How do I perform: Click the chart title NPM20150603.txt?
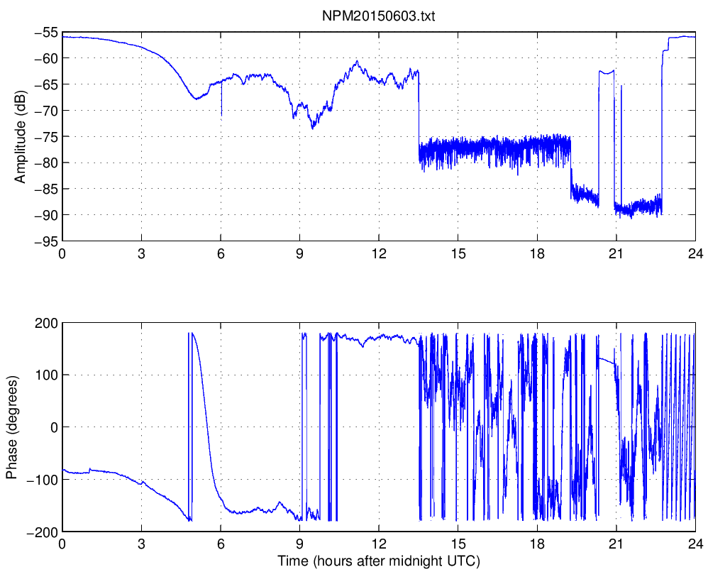pos(378,16)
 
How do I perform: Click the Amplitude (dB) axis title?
pos(21,136)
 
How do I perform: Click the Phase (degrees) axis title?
pos(11,427)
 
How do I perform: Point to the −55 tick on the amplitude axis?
pos(45,32)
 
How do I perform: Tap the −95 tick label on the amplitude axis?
pos(45,241)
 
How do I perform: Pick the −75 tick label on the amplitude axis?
pos(45,136)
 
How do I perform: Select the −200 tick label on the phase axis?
pos(42,532)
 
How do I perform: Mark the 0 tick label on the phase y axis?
pos(54,427)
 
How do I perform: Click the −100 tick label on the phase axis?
pos(42,479)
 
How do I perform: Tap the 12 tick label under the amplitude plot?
pos(379,254)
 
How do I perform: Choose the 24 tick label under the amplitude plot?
pos(695,254)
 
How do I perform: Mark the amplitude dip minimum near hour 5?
pos(196,98)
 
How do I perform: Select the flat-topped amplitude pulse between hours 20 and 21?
pos(607,72)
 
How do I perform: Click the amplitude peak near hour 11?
pos(357,62)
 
